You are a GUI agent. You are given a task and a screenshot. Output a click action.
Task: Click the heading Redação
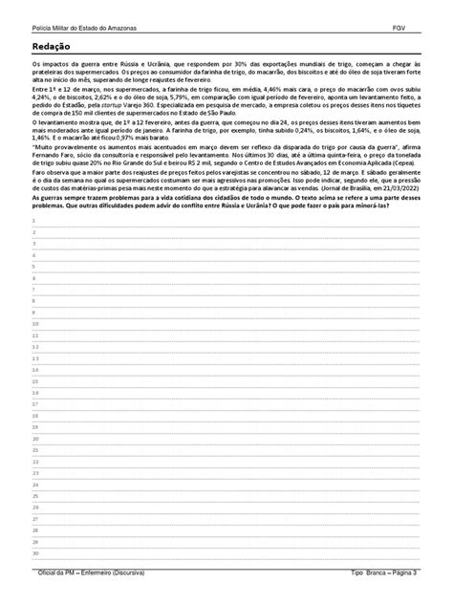[x=52, y=46]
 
